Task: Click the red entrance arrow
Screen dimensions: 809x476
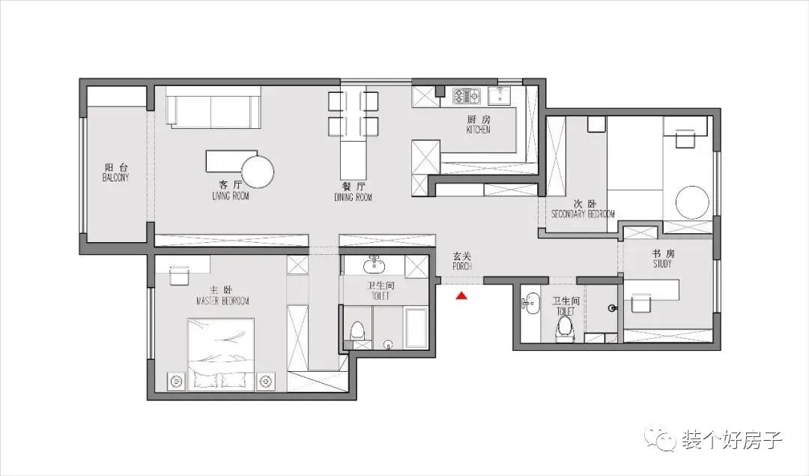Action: (x=461, y=296)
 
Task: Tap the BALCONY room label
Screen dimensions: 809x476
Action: (x=115, y=178)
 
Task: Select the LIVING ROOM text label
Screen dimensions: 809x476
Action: (x=231, y=196)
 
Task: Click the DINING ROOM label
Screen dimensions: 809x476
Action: (x=353, y=197)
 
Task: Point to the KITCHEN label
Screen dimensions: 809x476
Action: (x=478, y=130)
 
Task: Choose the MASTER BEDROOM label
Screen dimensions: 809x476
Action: (x=223, y=301)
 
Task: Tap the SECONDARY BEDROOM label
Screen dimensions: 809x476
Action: (x=583, y=214)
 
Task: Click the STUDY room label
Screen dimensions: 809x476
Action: (x=662, y=264)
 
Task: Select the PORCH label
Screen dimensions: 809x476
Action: (x=462, y=266)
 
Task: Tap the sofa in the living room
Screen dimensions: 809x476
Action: (x=213, y=107)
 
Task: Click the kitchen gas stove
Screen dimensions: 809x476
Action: (x=467, y=95)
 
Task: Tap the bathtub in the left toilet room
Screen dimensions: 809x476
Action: (x=416, y=328)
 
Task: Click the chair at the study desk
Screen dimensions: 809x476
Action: (x=639, y=303)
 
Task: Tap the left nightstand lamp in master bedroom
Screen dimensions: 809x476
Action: (x=176, y=382)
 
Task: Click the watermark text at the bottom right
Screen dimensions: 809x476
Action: (x=732, y=440)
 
